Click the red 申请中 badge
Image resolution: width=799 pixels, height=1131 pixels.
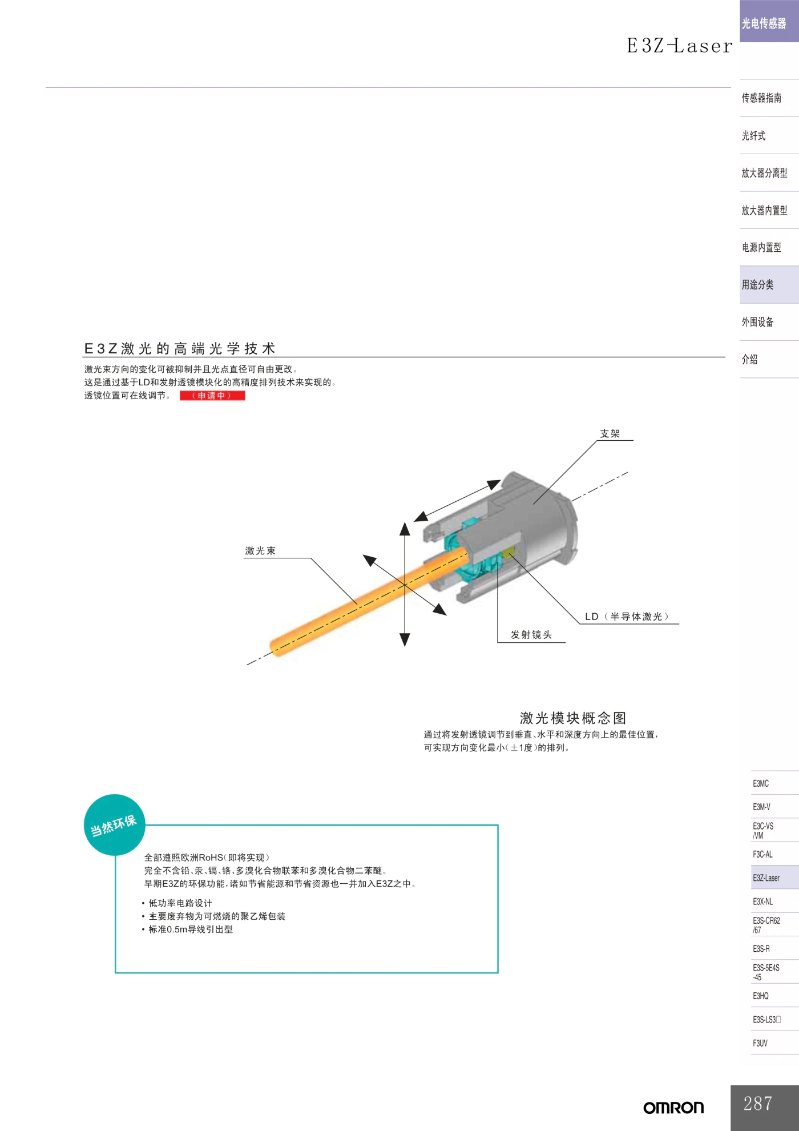[x=212, y=396]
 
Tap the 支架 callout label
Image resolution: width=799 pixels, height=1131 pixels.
[x=610, y=434]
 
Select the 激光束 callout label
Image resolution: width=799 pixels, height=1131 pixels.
[x=260, y=551]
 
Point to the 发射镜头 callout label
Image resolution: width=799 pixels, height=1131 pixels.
[x=531, y=635]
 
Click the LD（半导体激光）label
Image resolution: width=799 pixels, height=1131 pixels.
[x=627, y=617]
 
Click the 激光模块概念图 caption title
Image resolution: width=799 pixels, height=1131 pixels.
[x=573, y=718]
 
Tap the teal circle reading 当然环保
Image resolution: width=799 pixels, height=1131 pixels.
[x=114, y=825]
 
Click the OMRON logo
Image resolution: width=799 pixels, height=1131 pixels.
[x=673, y=1108]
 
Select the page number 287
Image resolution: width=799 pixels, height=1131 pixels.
[x=758, y=1103]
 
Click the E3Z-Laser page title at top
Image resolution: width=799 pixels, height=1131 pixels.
[x=680, y=46]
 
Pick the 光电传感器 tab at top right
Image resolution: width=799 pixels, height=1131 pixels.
[x=764, y=23]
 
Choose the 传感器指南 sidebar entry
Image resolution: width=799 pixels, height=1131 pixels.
[x=761, y=98]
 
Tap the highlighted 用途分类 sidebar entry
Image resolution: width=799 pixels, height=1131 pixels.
[x=758, y=284]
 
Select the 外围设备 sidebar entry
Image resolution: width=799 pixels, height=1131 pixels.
[x=758, y=322]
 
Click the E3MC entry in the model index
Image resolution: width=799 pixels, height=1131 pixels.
[x=761, y=783]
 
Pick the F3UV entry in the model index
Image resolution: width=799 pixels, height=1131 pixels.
[x=760, y=1043]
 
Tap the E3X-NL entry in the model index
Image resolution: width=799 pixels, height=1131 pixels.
[x=763, y=901]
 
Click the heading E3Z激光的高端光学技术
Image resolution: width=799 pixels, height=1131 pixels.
[x=180, y=348]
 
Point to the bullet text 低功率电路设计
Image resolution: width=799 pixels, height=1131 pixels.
[x=180, y=903]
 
